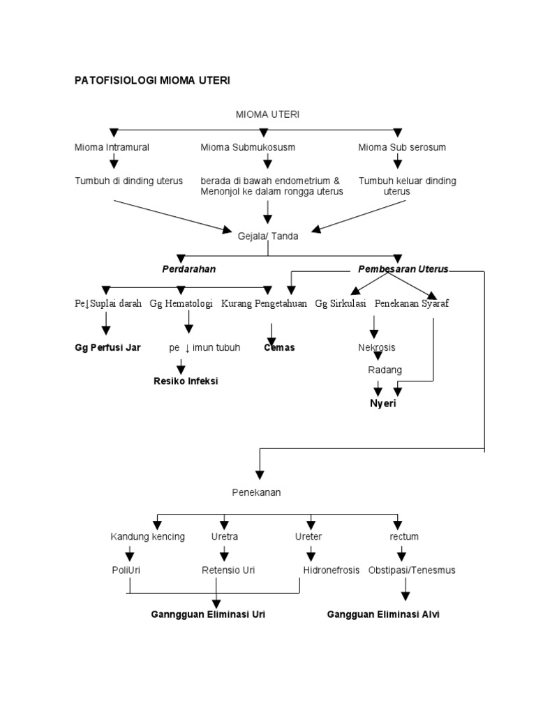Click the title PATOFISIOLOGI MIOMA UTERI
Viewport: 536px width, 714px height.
pos(152,81)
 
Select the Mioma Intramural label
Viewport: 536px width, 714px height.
pos(112,147)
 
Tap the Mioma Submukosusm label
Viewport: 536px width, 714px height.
pos(248,147)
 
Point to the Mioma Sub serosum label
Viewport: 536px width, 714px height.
pos(402,147)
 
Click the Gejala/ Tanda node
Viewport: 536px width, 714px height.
pos(268,236)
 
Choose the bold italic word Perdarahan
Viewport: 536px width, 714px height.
pos(188,268)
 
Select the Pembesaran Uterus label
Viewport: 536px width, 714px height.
pos(403,268)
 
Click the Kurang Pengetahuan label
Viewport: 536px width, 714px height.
pos(265,303)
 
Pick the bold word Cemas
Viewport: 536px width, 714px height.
pos(279,347)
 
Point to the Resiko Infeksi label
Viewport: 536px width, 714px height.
pos(186,381)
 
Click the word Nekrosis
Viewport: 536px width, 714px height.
pos(377,347)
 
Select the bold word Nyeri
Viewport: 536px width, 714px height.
pos(382,403)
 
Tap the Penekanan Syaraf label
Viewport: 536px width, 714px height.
pos(412,303)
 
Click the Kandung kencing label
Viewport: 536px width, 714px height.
pos(148,536)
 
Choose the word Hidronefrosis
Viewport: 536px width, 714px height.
pos(332,570)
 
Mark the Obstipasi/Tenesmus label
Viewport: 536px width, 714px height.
pos(412,570)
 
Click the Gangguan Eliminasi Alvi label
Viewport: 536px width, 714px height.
pos(383,614)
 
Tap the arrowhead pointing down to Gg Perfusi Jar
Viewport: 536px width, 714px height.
pos(107,331)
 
